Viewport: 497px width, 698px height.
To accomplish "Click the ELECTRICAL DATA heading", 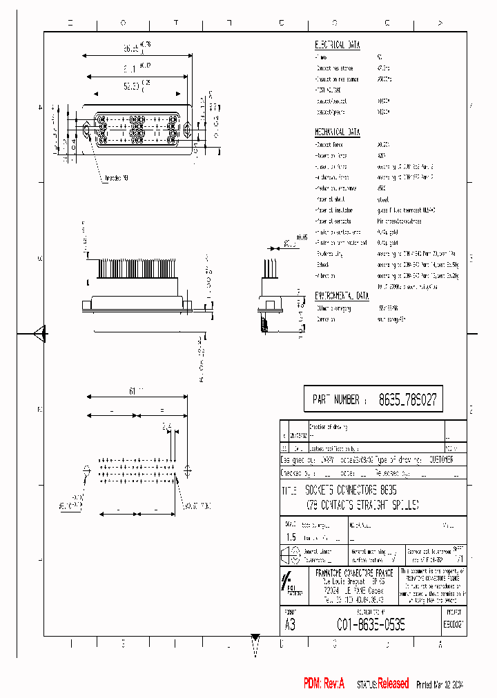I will (x=338, y=44).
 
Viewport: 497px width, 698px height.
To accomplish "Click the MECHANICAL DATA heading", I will (x=338, y=132).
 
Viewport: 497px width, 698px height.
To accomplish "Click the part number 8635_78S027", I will (x=407, y=399).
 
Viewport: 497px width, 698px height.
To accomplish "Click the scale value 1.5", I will (x=291, y=537).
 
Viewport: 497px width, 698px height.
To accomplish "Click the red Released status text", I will (x=393, y=684).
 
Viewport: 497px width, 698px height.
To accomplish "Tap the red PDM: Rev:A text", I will (x=324, y=684).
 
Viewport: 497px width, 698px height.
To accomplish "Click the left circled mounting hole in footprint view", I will (x=87, y=471).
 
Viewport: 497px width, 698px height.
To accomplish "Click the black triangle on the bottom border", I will (x=255, y=638).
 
